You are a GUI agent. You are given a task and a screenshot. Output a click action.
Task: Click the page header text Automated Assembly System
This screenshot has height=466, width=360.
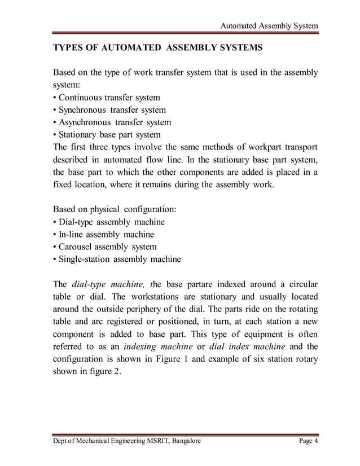[269, 26]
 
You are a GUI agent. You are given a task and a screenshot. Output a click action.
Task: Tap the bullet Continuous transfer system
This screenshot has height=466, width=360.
[107, 98]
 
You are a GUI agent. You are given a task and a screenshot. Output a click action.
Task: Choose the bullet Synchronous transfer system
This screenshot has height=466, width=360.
[109, 110]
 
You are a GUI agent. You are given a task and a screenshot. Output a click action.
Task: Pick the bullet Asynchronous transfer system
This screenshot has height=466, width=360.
[112, 122]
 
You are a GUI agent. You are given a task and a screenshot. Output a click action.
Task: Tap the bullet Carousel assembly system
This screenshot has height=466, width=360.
[105, 247]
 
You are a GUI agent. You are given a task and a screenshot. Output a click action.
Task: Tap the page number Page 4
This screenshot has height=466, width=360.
[308, 441]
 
